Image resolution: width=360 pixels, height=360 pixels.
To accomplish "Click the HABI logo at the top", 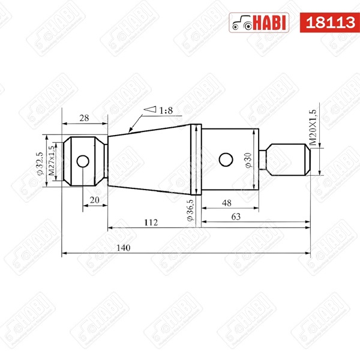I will click(259, 22).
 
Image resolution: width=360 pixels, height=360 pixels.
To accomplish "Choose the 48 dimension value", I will click(228, 202).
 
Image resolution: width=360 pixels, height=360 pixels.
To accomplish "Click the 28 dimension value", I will click(85, 118).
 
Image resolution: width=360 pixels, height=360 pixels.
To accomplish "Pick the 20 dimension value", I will click(94, 199).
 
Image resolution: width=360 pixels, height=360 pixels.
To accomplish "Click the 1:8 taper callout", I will click(164, 110).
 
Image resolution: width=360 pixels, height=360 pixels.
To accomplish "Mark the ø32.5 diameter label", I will click(40, 161).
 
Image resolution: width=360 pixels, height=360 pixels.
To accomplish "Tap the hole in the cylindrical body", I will click(226, 159).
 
